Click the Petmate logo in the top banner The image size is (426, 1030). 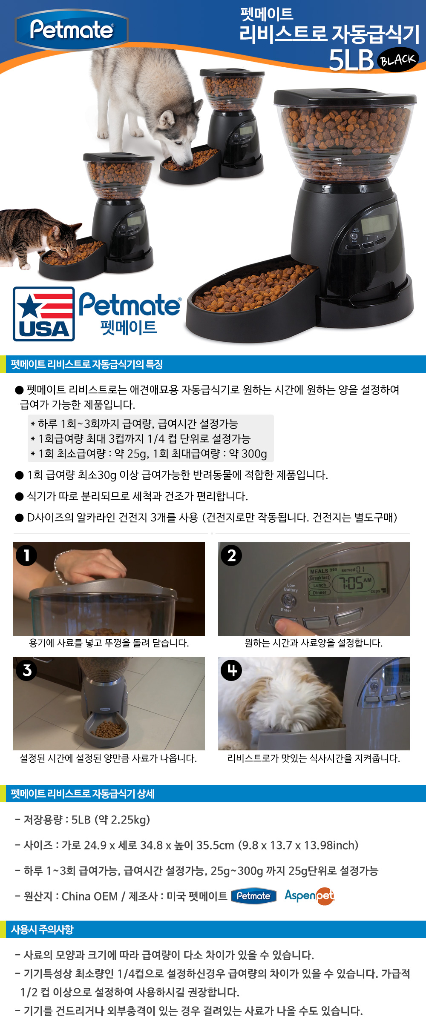72,30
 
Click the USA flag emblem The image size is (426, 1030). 44,314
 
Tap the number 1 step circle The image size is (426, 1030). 26,555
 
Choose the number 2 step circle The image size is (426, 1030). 231,555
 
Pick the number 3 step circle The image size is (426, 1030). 26,670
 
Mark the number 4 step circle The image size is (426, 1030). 231,670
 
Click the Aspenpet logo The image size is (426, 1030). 309,896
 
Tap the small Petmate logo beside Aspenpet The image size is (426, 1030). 253,896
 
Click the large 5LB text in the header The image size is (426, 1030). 351,60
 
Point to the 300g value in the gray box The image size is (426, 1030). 254,454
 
